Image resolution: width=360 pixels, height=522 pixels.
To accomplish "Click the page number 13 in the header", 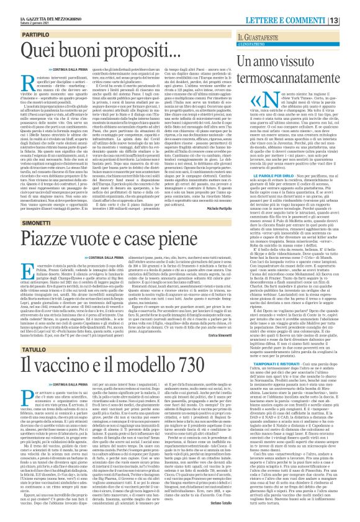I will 351,6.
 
